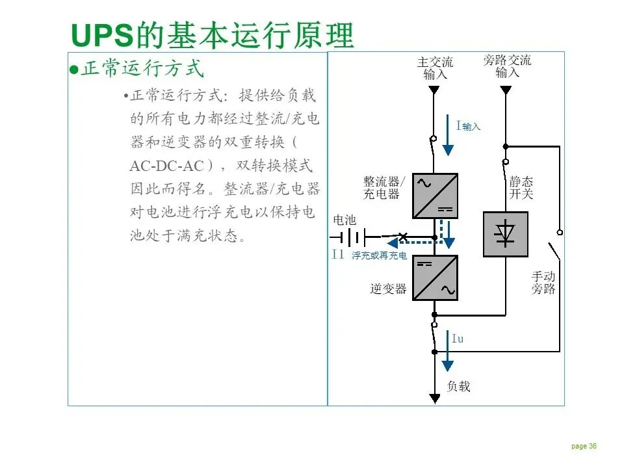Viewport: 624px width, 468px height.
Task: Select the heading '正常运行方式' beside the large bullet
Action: tap(142, 69)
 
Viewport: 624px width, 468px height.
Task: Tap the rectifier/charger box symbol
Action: tap(435, 196)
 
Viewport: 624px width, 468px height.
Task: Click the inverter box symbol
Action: tap(435, 278)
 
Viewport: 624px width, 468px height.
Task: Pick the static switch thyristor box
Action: tap(505, 234)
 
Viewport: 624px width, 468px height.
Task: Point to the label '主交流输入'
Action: tap(435, 68)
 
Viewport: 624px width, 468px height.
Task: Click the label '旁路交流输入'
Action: tap(507, 66)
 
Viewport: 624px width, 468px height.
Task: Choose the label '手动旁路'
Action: tap(543, 283)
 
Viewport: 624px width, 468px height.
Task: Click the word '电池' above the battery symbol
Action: tap(344, 220)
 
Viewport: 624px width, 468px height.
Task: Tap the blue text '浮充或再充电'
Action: tap(380, 256)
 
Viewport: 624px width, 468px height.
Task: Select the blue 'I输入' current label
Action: tap(468, 126)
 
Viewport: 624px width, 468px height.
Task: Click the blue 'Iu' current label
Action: tap(458, 339)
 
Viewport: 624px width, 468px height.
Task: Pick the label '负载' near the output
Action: tap(458, 386)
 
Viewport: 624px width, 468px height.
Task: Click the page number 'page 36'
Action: tap(584, 446)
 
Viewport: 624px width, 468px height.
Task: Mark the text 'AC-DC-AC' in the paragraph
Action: tap(166, 165)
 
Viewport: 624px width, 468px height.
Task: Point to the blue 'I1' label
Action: tap(337, 255)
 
